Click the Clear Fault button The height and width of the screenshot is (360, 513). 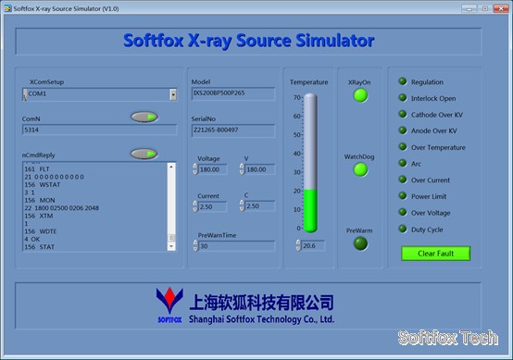(x=435, y=253)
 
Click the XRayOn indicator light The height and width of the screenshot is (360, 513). (x=360, y=95)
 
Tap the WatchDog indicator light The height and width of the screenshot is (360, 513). (x=360, y=169)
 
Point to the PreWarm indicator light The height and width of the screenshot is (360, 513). (x=360, y=243)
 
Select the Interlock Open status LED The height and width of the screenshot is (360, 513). (x=403, y=98)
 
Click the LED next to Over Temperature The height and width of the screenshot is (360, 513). (x=403, y=147)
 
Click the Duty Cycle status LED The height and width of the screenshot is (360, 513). (x=403, y=229)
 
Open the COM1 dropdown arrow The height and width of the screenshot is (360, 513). (x=172, y=94)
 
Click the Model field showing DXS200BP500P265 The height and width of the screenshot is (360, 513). (x=232, y=94)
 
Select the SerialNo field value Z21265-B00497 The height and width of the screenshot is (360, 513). (x=232, y=131)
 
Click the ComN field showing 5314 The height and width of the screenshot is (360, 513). (x=99, y=130)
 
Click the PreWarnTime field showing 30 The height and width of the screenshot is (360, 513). (x=235, y=246)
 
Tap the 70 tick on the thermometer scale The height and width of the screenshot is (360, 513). (x=297, y=97)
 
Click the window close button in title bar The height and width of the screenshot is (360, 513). (x=500, y=7)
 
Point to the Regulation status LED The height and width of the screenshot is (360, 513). (x=403, y=82)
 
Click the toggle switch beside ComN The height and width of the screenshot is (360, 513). (x=144, y=117)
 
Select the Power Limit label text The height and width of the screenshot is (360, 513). (x=432, y=196)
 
